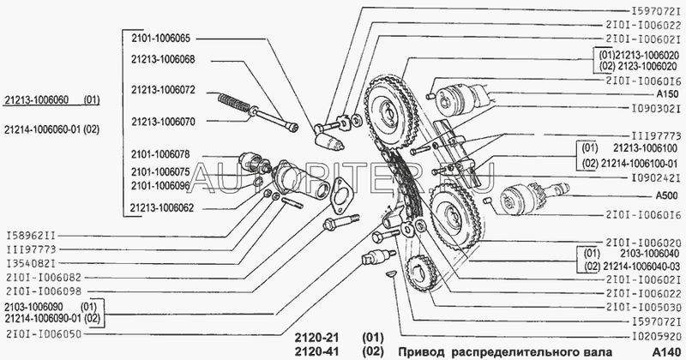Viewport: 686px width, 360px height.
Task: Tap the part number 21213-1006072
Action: click(x=163, y=89)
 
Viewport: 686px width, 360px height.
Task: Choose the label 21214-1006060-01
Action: click(x=43, y=129)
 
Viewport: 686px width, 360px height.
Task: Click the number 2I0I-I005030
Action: click(x=646, y=306)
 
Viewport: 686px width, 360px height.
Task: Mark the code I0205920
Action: click(x=647, y=337)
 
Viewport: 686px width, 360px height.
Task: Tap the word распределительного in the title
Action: click(x=520, y=352)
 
